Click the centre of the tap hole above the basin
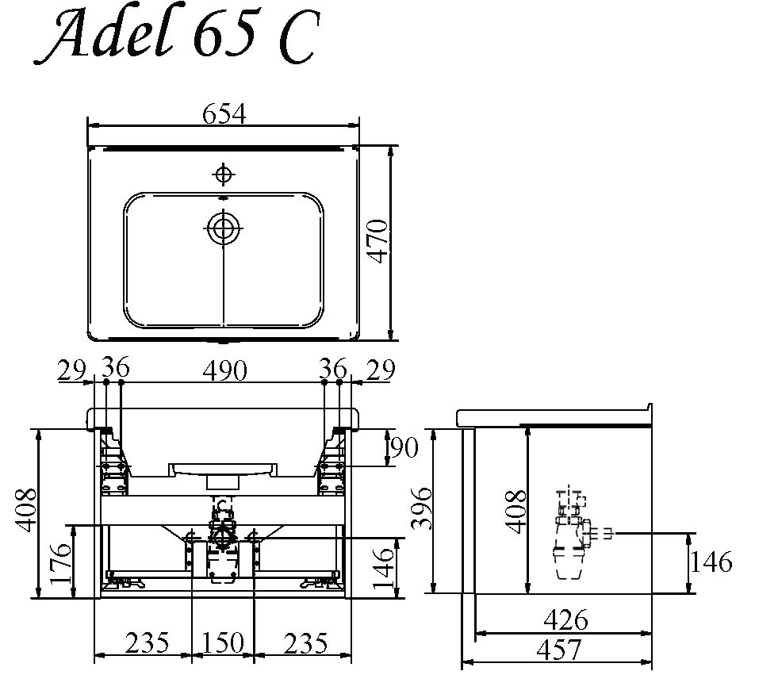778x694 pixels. pyautogui.click(x=224, y=174)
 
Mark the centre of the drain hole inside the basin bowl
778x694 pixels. pyautogui.click(x=224, y=228)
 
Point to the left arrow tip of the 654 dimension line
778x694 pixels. pyautogui.click(x=88, y=126)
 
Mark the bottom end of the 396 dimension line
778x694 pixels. pyautogui.click(x=433, y=592)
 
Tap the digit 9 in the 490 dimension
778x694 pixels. pyautogui.click(x=224, y=370)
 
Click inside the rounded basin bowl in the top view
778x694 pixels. pyautogui.click(x=224, y=260)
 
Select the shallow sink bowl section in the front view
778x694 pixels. pyautogui.click(x=223, y=469)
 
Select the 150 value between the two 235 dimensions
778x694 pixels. pyautogui.click(x=223, y=642)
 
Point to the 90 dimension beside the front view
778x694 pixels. pyautogui.click(x=404, y=447)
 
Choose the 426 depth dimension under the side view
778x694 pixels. pyautogui.click(x=565, y=620)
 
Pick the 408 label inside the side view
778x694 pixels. pyautogui.click(x=516, y=511)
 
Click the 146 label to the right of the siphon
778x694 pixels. pyautogui.click(x=711, y=562)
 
